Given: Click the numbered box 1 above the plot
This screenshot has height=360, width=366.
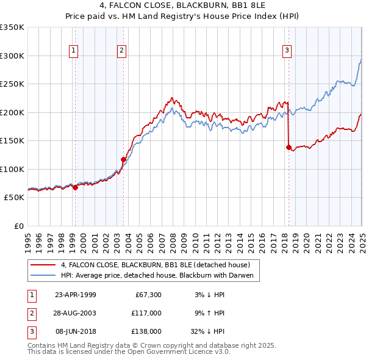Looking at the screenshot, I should (x=73, y=51).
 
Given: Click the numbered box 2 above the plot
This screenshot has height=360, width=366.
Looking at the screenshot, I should (x=122, y=51).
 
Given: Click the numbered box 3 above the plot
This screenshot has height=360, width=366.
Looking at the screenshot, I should (x=287, y=51).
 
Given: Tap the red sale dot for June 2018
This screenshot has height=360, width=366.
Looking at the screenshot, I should (x=289, y=147).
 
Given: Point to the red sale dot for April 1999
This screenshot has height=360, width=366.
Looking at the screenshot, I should (x=75, y=187).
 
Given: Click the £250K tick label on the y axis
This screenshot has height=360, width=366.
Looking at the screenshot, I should (x=12, y=84).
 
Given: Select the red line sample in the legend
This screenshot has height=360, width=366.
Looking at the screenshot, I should (x=43, y=265).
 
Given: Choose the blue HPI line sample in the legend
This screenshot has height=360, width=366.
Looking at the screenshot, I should (x=43, y=275).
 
